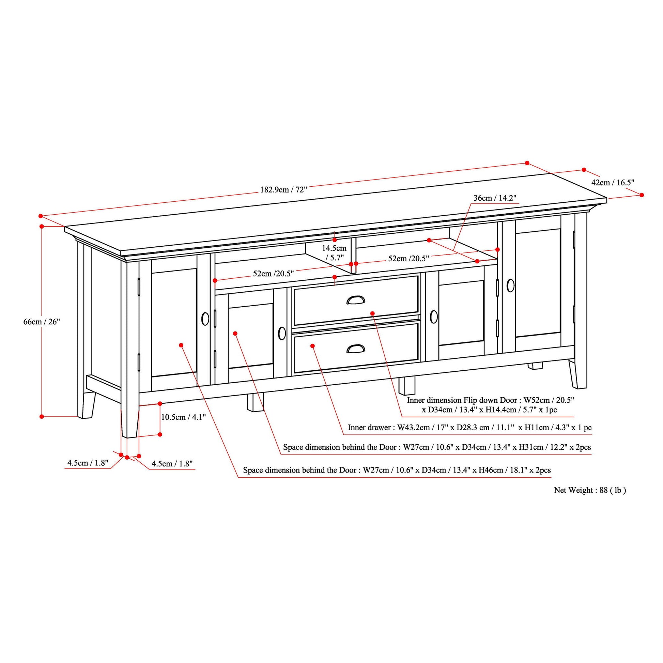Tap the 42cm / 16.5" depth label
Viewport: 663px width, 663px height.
point(613,182)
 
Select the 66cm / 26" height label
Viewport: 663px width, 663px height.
point(42,322)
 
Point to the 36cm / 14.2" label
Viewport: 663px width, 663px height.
point(495,198)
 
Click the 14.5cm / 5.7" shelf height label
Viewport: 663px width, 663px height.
point(334,252)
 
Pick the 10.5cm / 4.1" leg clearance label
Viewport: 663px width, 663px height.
point(183,417)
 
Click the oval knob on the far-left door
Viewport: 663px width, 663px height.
point(205,319)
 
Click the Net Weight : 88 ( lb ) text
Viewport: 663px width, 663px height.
point(590,490)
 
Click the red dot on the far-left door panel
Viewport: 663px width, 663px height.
point(181,345)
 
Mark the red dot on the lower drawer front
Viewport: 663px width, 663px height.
point(313,345)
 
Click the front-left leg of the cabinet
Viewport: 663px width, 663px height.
point(130,405)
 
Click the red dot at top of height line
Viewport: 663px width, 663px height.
point(42,227)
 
